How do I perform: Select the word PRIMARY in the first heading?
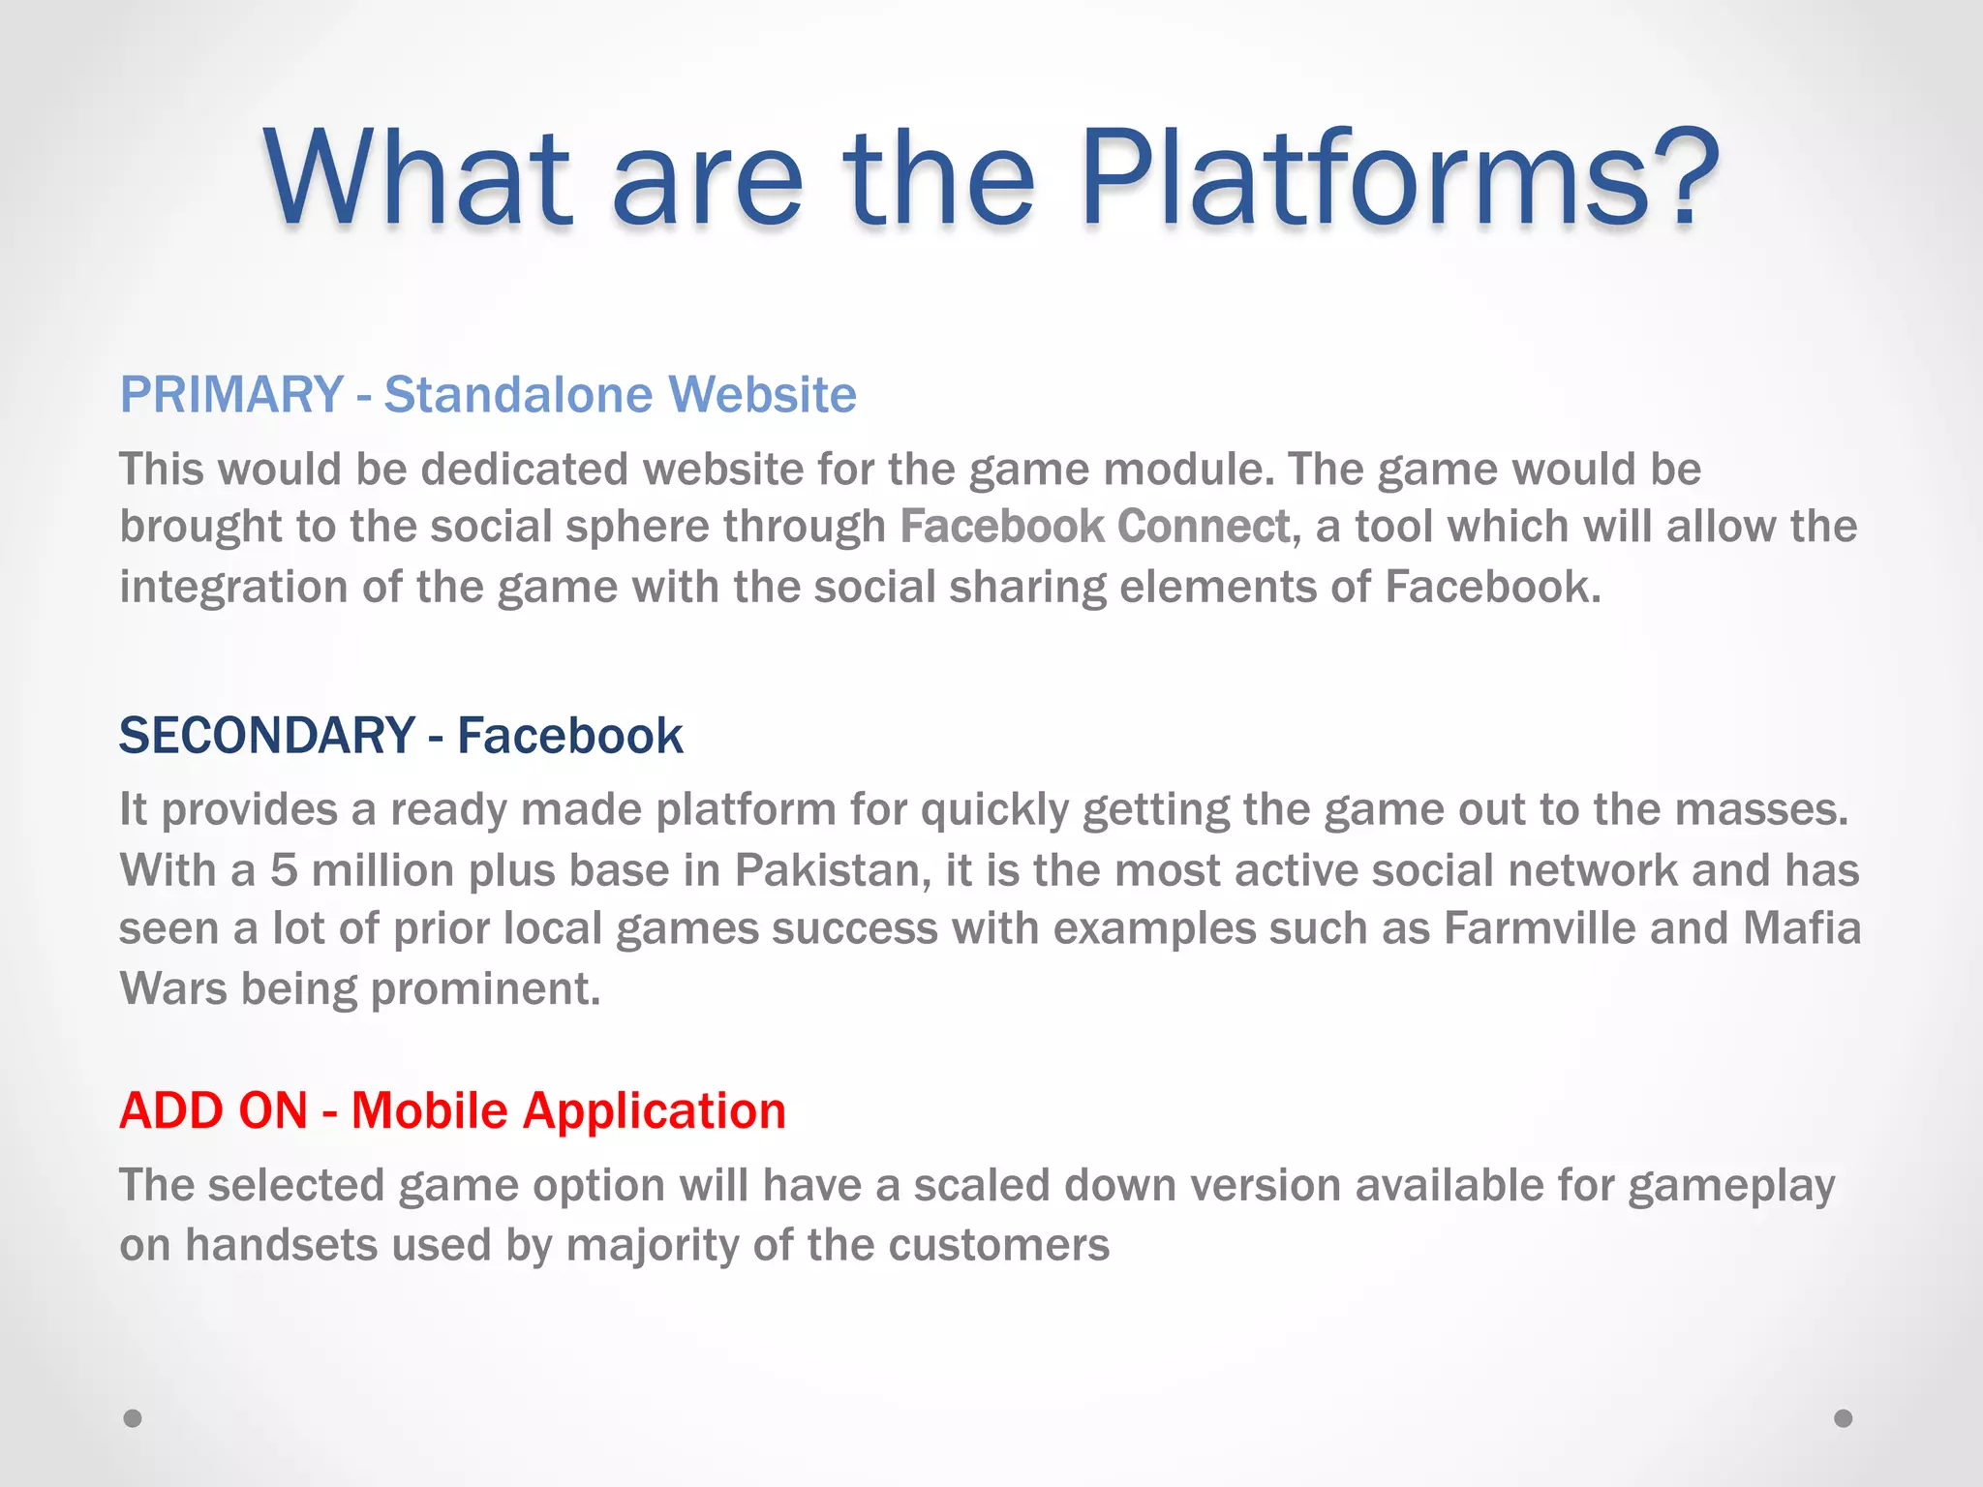pos(231,395)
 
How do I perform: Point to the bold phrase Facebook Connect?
pos(1095,527)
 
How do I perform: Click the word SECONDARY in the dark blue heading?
pos(266,736)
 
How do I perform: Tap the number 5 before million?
pos(283,870)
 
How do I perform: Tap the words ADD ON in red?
pos(213,1110)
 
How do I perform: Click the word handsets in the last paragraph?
pos(281,1245)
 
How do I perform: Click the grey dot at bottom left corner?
pos(133,1418)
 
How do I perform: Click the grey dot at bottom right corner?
pos(1844,1418)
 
